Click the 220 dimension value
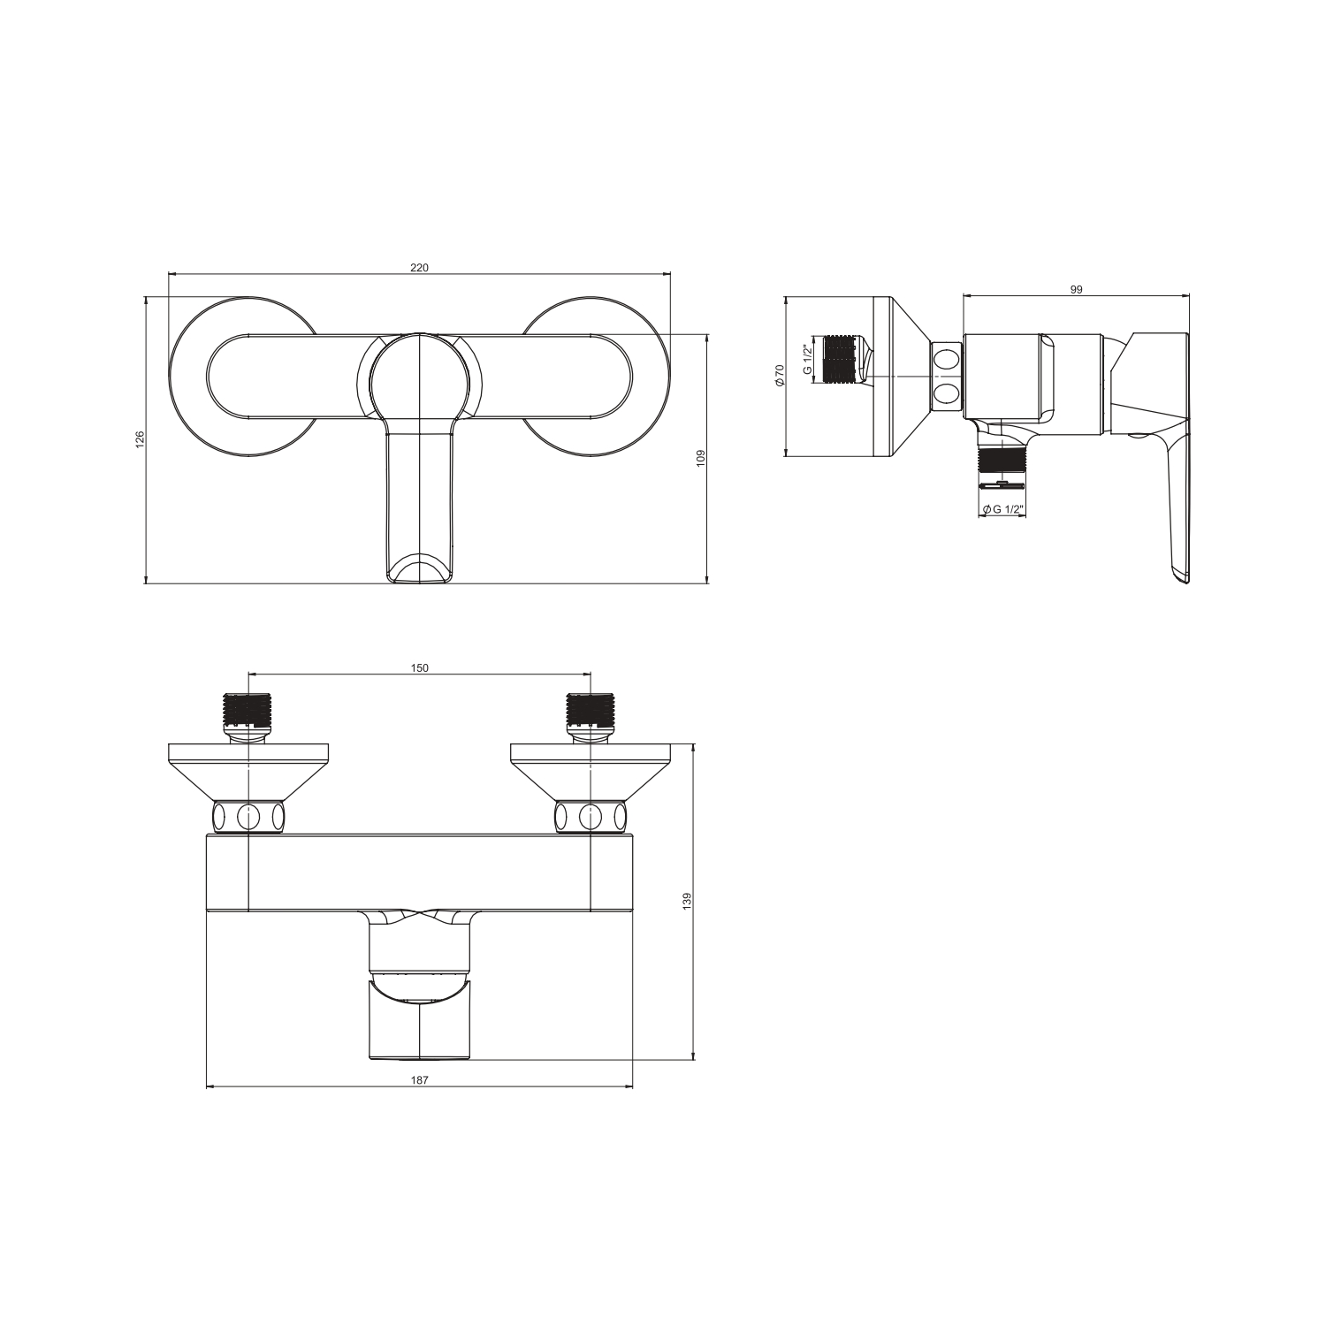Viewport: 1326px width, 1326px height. click(419, 268)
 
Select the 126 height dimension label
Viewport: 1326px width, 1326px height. click(140, 440)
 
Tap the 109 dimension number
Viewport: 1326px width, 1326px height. click(700, 458)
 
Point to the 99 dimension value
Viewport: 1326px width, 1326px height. click(1076, 289)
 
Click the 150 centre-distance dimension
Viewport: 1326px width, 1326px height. click(419, 667)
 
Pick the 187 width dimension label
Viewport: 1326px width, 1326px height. click(419, 1079)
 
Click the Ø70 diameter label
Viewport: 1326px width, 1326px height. click(780, 377)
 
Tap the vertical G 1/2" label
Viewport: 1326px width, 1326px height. click(807, 360)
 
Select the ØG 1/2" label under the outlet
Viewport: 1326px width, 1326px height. click(1002, 509)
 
